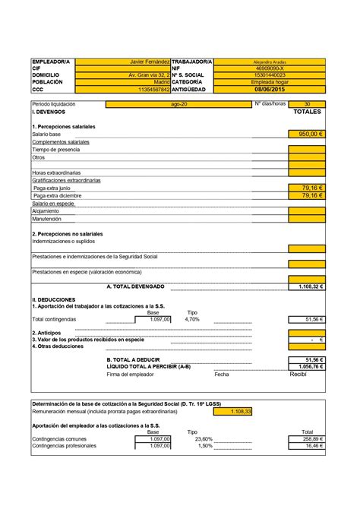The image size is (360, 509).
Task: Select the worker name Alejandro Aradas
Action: (270, 62)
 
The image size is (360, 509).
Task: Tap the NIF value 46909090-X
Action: (270, 68)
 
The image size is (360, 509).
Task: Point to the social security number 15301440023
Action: (270, 75)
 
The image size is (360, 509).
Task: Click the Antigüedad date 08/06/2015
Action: (270, 89)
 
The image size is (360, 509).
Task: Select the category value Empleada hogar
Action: (270, 82)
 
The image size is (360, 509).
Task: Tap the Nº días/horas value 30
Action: (306, 104)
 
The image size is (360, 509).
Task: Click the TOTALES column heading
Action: (307, 112)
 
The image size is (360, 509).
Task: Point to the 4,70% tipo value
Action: (191, 320)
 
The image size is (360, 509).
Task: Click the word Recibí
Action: (298, 374)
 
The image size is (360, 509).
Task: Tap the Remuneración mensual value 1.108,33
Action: (241, 411)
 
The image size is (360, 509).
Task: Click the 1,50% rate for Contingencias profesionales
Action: (204, 446)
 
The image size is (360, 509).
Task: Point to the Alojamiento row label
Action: (47, 210)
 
